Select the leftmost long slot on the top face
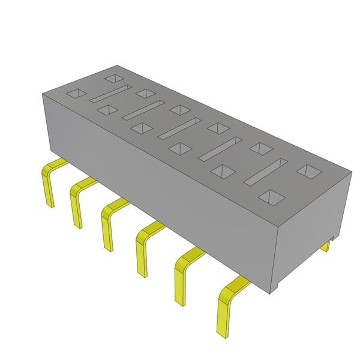point(110,95)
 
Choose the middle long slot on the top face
point(180,128)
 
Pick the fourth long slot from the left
point(220,148)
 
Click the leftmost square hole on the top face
point(76,94)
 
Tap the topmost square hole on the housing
point(112,78)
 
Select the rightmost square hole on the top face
point(308,171)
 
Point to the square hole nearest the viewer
point(272,196)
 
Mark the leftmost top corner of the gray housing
point(42,94)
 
